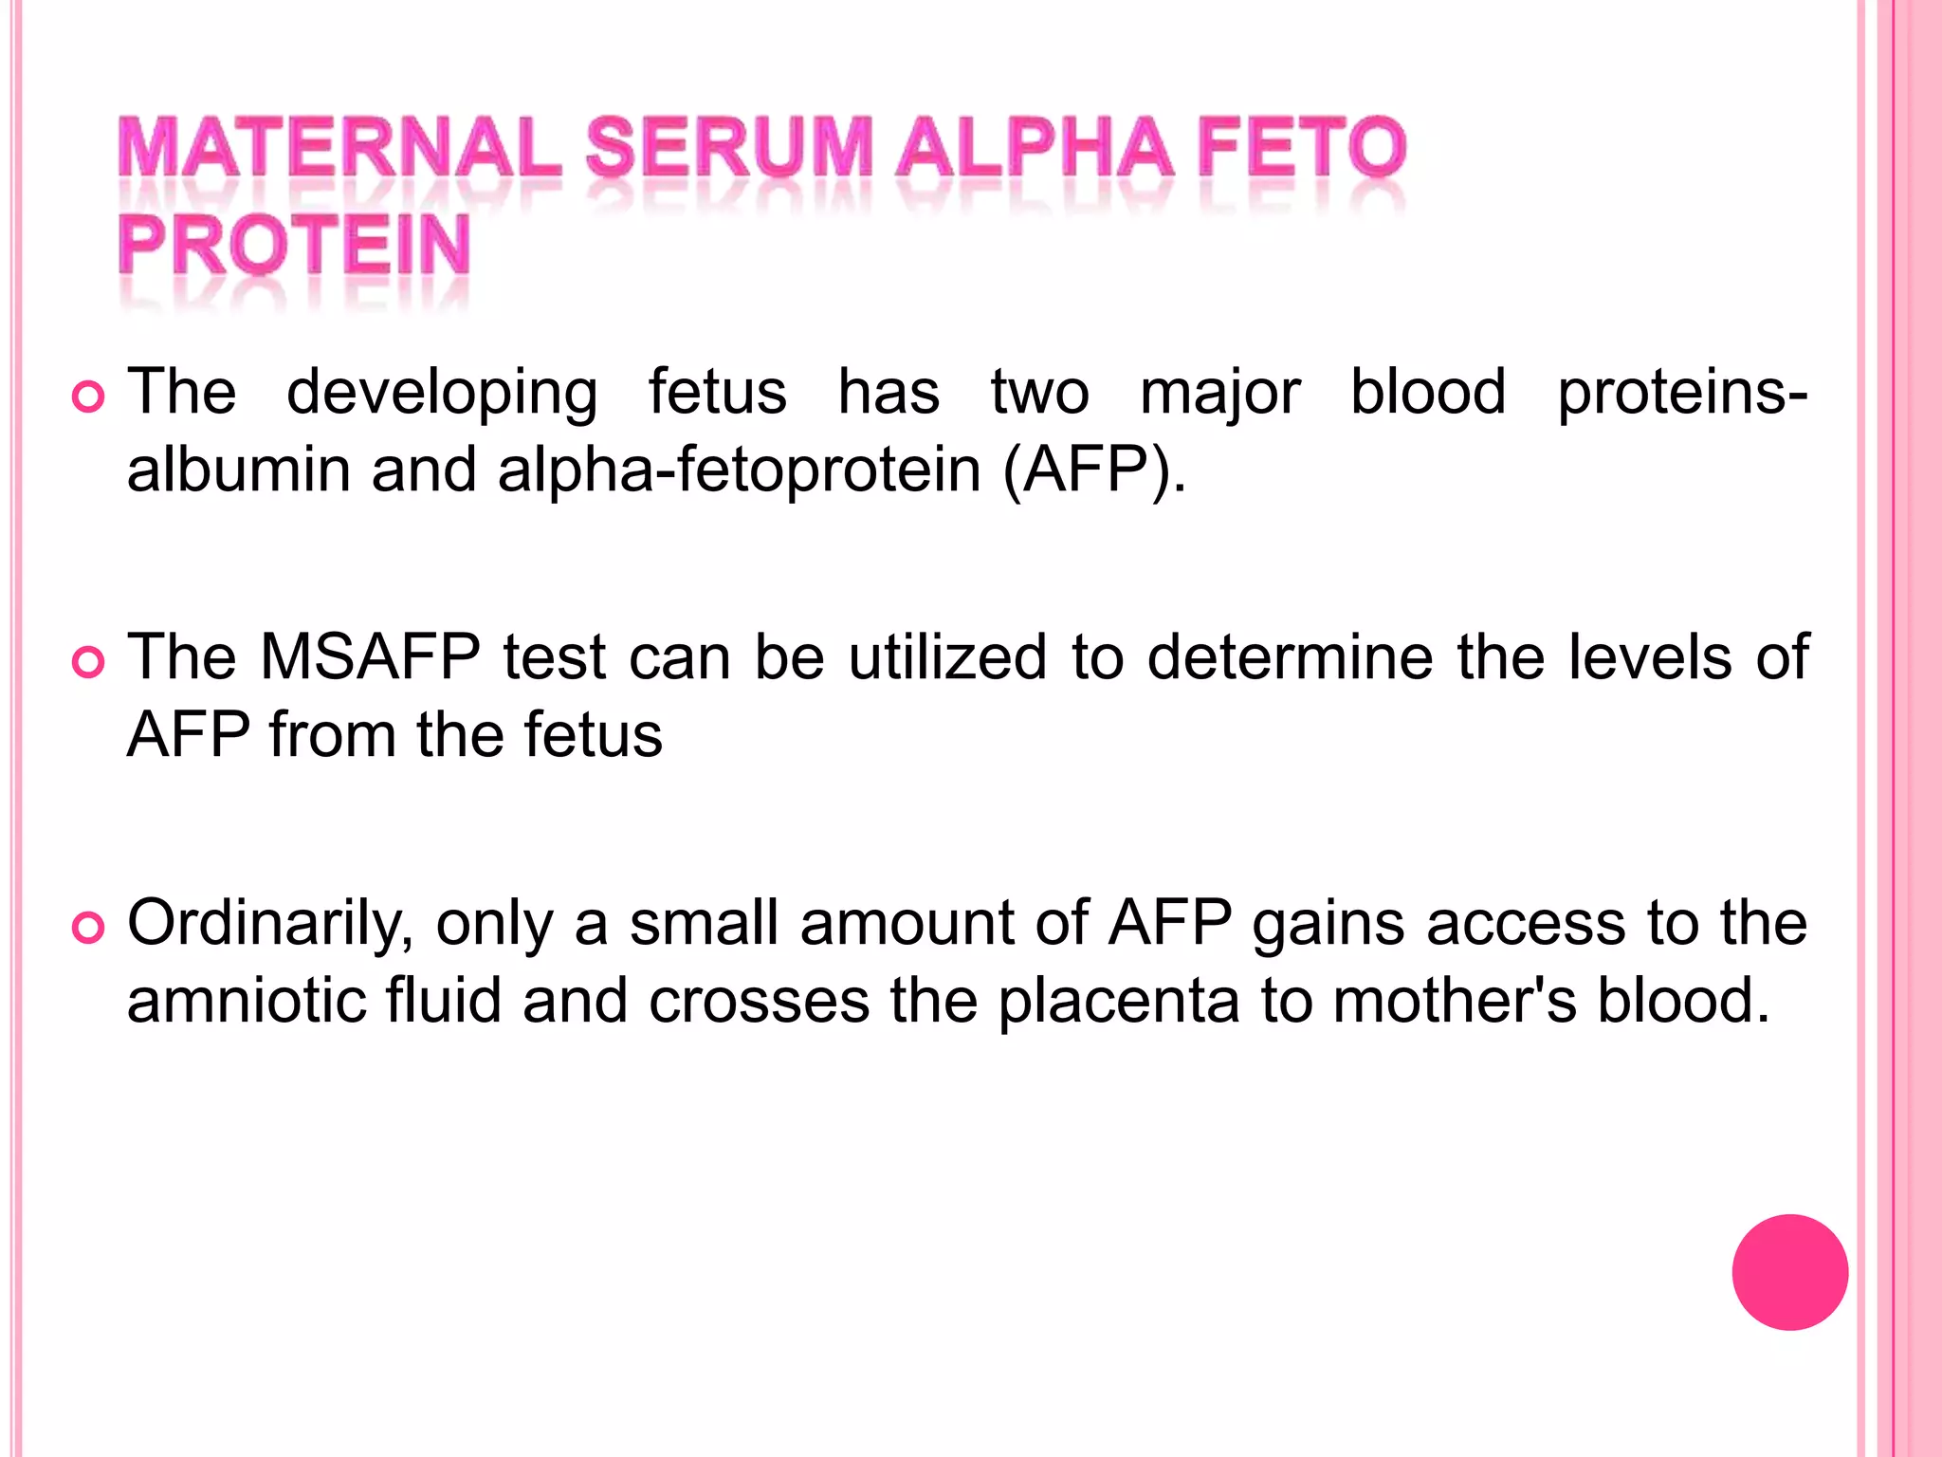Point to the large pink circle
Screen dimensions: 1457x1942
(1789, 1272)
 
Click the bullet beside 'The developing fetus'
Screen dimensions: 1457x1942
(88, 397)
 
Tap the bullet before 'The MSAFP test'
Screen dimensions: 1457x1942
(88, 662)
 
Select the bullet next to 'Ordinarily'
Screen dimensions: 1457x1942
(88, 928)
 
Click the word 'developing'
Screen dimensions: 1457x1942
(442, 393)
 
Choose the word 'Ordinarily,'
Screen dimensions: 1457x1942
(270, 924)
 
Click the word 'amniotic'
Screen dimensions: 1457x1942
(247, 1001)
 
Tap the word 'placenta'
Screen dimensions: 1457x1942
(1119, 1001)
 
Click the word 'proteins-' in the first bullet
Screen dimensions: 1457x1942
(1682, 393)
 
